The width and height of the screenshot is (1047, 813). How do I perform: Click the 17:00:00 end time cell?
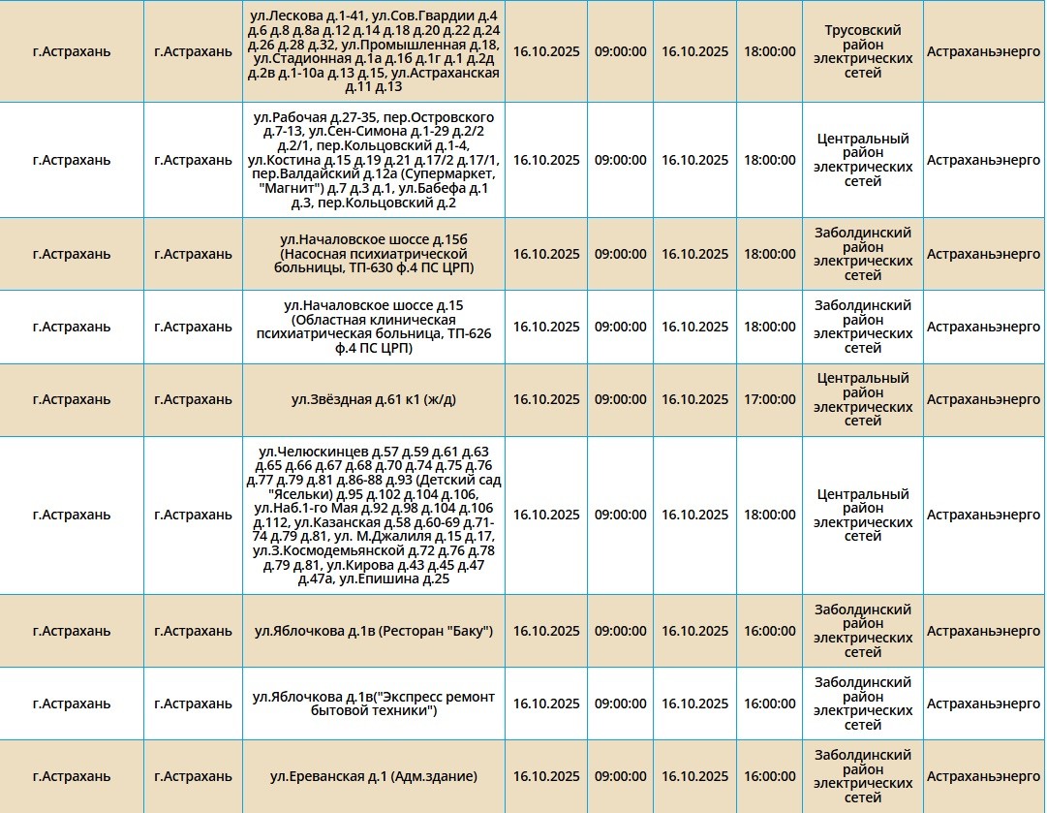769,399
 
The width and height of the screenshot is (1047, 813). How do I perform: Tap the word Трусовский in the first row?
862,30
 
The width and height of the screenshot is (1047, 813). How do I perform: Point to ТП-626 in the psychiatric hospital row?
469,333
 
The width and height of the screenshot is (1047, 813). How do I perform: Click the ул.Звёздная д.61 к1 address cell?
373,399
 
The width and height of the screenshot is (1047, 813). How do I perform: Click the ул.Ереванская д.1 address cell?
373,776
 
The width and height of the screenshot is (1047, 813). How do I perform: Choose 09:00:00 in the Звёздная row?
620,399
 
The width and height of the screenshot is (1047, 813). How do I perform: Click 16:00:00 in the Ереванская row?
769,776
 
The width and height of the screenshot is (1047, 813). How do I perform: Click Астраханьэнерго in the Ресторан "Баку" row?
982,631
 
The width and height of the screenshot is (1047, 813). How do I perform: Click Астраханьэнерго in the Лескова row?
982,51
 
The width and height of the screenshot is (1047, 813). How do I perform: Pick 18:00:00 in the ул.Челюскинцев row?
769,515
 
